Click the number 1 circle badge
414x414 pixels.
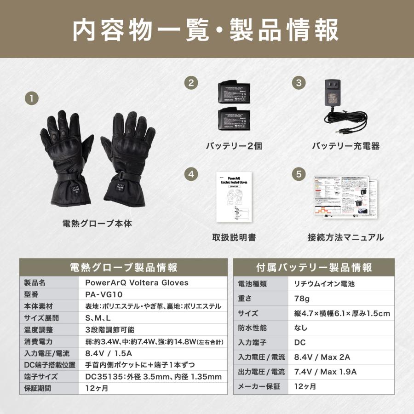[x=31, y=98]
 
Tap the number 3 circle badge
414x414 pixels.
[x=299, y=83]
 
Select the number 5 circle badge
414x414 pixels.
[x=299, y=174]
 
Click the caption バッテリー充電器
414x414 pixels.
[x=345, y=146]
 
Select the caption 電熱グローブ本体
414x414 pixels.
[x=97, y=224]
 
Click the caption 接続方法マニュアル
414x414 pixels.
[x=345, y=237]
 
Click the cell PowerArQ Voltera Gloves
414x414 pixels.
[x=137, y=282]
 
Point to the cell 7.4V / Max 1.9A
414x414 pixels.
[x=326, y=372]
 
